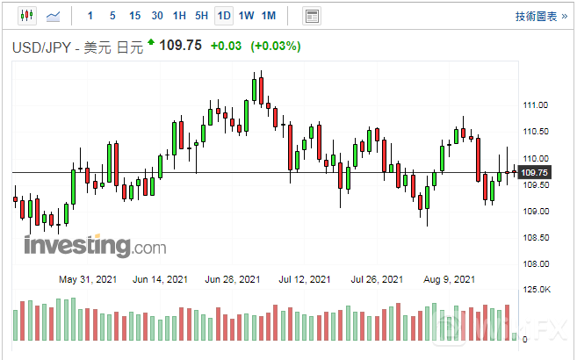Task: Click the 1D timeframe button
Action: click(224, 16)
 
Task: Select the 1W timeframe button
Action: click(247, 16)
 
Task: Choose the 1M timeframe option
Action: click(269, 16)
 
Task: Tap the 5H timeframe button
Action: click(201, 16)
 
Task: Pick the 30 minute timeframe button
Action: click(157, 16)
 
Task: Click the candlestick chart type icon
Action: click(25, 16)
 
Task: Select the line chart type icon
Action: click(54, 16)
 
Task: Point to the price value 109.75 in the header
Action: click(181, 46)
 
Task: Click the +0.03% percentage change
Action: click(276, 47)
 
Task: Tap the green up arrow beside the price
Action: click(151, 42)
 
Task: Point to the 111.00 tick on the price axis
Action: click(535, 105)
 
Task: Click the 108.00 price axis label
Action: click(535, 264)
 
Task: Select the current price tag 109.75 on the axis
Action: click(535, 172)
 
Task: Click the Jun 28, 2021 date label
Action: click(232, 280)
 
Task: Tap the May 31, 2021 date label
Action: click(86, 280)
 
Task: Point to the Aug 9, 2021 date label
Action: click(449, 280)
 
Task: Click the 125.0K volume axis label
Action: click(536, 290)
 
